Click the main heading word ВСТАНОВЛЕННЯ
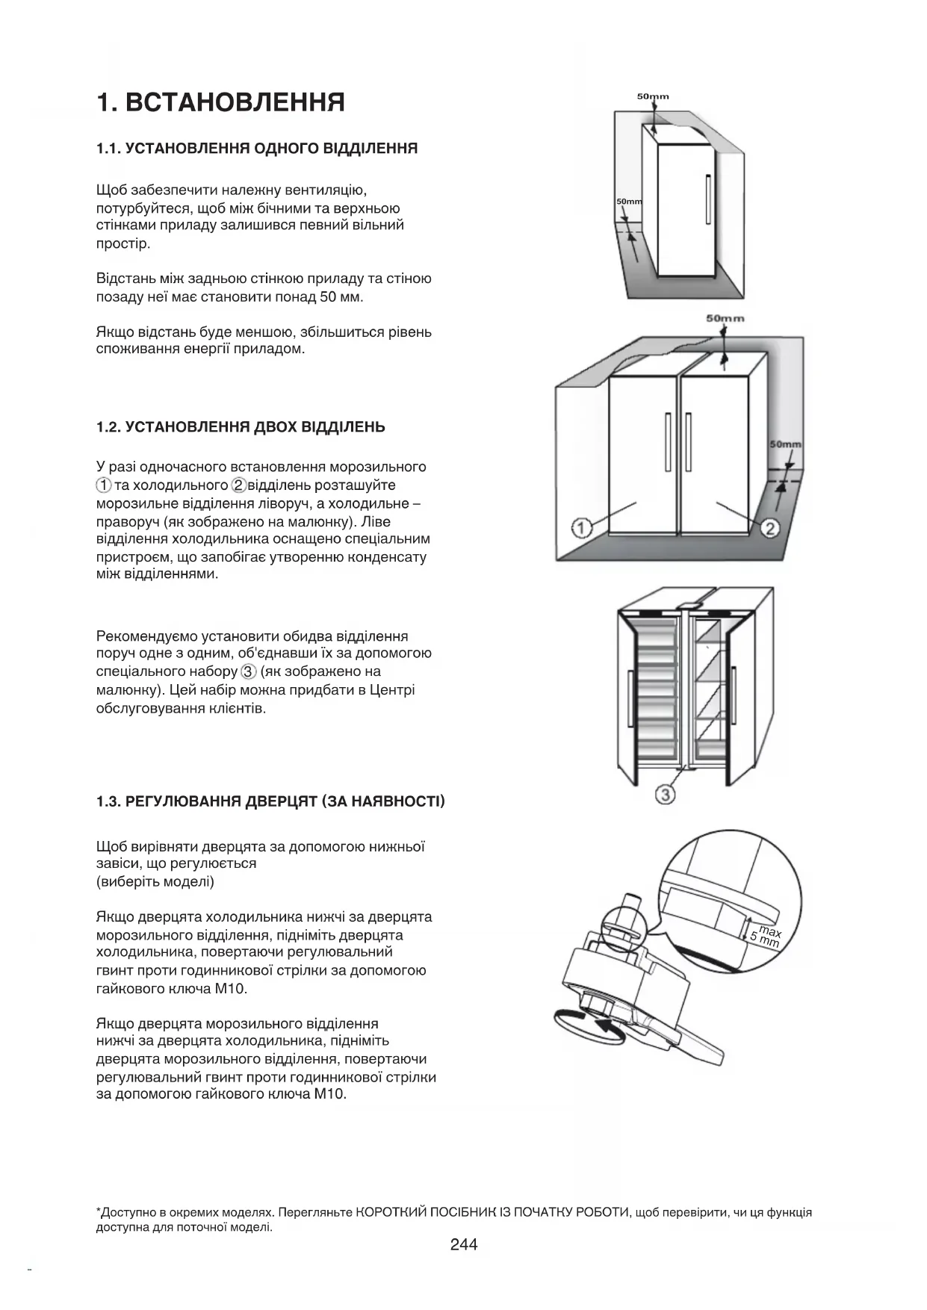click(x=235, y=102)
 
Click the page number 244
click(x=463, y=1244)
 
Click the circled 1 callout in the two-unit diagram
click(x=582, y=528)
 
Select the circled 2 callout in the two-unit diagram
click(x=770, y=529)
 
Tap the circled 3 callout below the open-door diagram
click(x=665, y=795)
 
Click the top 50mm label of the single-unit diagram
click(x=653, y=96)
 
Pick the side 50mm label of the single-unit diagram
click(x=629, y=202)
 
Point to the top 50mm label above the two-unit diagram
click(x=725, y=318)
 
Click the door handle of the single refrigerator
click(x=707, y=199)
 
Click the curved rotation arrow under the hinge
click(x=590, y=1024)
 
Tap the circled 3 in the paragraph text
click(x=249, y=671)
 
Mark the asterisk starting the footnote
click(x=99, y=1211)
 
